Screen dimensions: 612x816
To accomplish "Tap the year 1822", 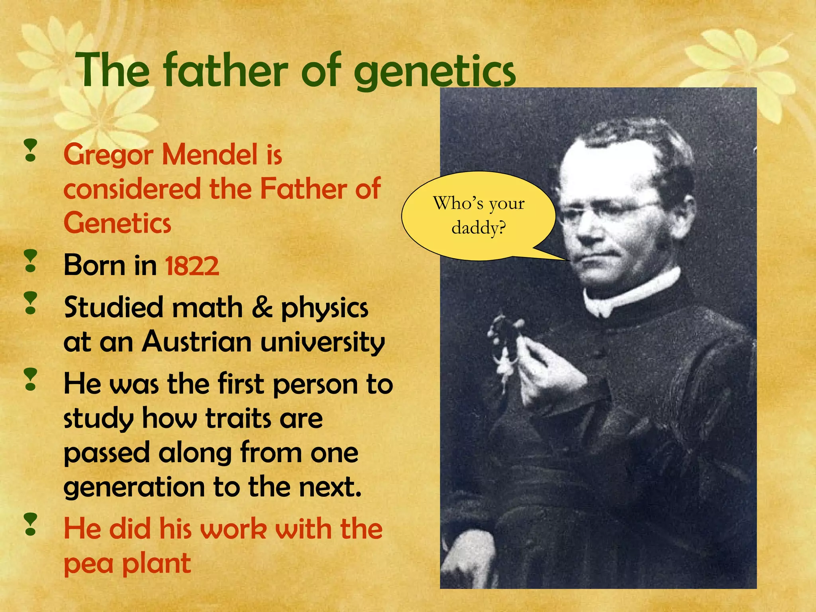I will (x=192, y=266).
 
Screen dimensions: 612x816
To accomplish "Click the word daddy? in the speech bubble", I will (x=479, y=228).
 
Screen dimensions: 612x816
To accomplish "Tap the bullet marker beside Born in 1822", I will (x=30, y=261).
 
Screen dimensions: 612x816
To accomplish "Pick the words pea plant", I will (x=127, y=563).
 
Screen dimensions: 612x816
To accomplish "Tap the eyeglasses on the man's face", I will (x=610, y=211).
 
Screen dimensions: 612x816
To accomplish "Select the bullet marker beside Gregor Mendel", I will (x=30, y=150).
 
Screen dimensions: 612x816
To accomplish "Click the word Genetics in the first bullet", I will (x=117, y=223).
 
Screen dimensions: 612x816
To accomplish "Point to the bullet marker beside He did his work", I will (x=30, y=524).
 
